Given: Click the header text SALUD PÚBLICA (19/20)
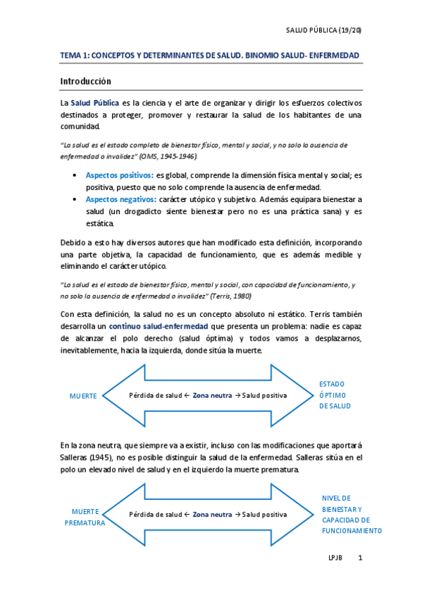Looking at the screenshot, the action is [x=323, y=30].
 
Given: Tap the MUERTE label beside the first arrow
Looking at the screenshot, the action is [x=83, y=396].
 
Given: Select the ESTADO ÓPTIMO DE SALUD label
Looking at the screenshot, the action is [x=335, y=395].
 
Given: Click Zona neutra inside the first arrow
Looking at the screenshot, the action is [x=212, y=396].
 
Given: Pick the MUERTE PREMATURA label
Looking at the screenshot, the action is [x=85, y=517].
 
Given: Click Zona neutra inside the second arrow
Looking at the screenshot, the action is [x=212, y=515].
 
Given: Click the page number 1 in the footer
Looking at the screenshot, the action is [x=360, y=558].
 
